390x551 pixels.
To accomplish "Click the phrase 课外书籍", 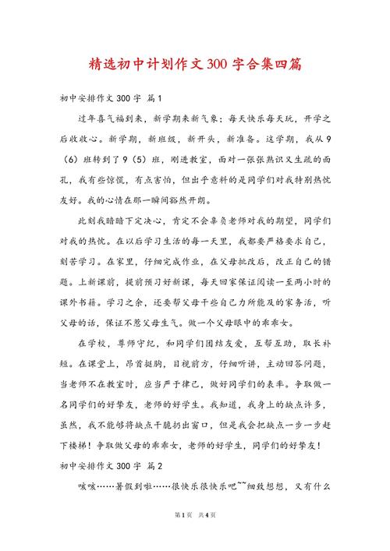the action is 77,300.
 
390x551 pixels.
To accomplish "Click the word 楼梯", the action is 77,446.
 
